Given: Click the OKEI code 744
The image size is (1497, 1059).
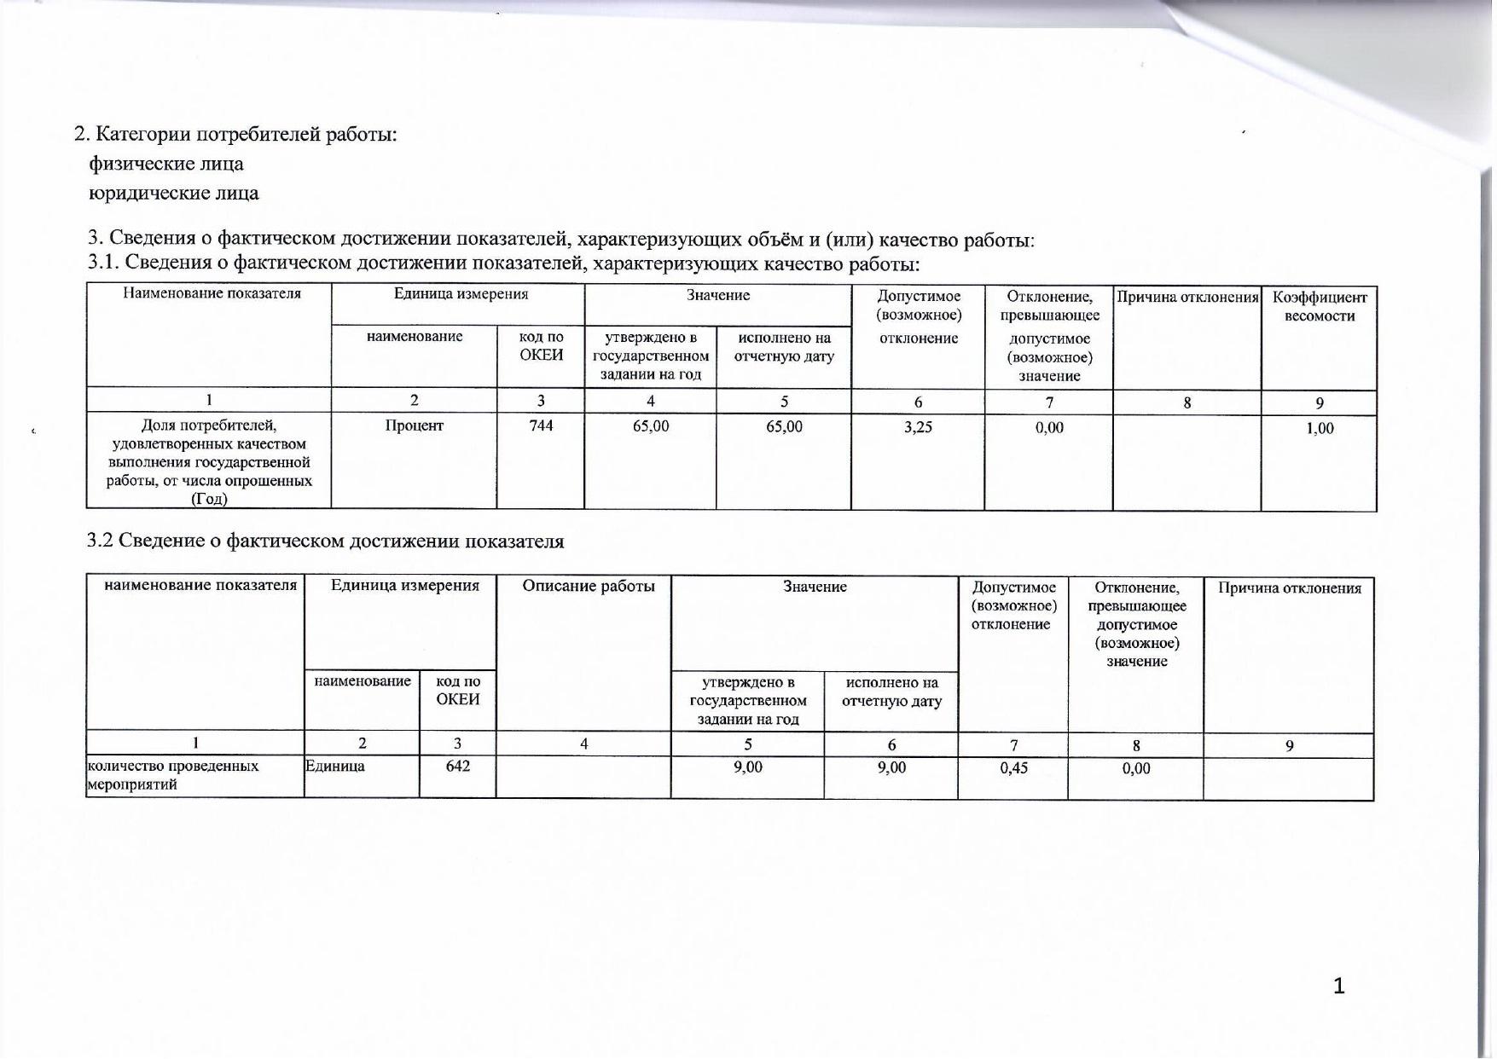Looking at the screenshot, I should pos(541,425).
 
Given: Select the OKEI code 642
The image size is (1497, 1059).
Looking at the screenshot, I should pos(457,766).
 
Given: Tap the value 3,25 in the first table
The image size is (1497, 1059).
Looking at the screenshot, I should pos(918,426).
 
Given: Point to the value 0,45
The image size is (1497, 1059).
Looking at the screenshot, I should pos(1013,767).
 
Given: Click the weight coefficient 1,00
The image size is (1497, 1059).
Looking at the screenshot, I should pos(1320,428).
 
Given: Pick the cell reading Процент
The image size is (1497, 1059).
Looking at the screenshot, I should pos(414,425).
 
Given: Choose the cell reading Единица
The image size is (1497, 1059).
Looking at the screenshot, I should pos(335,766).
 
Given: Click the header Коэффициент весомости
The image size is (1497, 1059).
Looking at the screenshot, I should pos(1320,306).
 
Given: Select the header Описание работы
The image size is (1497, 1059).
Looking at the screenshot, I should pos(589,586).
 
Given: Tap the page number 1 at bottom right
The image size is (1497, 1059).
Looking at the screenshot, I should pos(1338,986).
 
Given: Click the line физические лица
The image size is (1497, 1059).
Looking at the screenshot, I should pos(166,164).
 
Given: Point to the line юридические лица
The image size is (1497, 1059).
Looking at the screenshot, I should pos(174,193).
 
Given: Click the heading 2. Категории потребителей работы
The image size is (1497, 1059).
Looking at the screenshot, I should pos(236,134).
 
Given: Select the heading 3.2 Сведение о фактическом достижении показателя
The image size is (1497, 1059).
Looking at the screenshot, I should pos(326,541).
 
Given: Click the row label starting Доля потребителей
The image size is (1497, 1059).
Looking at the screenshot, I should pos(209,461).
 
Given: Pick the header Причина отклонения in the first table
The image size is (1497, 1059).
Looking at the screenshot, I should pos(1187,297).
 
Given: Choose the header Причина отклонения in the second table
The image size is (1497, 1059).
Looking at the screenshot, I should pos(1289,587).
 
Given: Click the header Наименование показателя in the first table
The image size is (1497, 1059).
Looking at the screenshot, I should pos(212,293).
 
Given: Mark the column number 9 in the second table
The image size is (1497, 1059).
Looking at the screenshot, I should pos(1289,745).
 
